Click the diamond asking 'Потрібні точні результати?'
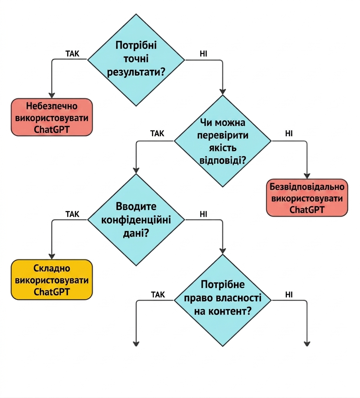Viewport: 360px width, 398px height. click(x=136, y=60)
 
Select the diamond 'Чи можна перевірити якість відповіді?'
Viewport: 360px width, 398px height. click(x=222, y=141)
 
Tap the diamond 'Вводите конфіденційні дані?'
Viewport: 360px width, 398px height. click(x=136, y=220)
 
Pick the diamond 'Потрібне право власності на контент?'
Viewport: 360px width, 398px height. click(x=222, y=300)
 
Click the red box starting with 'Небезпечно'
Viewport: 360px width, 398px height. click(x=52, y=117)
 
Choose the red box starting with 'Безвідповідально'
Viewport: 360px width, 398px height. click(x=307, y=198)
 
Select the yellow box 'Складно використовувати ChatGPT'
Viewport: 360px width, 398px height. click(x=52, y=279)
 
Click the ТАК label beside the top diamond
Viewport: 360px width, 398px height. click(x=73, y=54)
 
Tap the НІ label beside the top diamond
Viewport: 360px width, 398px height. click(x=203, y=54)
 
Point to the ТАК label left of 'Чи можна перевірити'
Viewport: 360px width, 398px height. click(x=157, y=134)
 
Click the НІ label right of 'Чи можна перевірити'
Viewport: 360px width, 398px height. click(x=289, y=134)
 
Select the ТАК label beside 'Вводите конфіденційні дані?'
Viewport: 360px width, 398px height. click(x=73, y=214)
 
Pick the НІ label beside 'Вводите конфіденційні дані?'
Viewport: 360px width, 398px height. click(x=203, y=214)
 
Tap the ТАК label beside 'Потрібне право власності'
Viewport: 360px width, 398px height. click(x=158, y=295)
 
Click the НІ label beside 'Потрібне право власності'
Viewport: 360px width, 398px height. click(x=289, y=295)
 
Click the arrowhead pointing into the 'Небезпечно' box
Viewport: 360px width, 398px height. click(x=52, y=95)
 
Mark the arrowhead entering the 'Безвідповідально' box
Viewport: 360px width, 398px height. click(x=307, y=176)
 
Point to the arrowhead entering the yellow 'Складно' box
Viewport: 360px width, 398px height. click(x=52, y=256)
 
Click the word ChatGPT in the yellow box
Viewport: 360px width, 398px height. click(x=52, y=292)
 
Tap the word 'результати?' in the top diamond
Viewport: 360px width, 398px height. click(x=136, y=72)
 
